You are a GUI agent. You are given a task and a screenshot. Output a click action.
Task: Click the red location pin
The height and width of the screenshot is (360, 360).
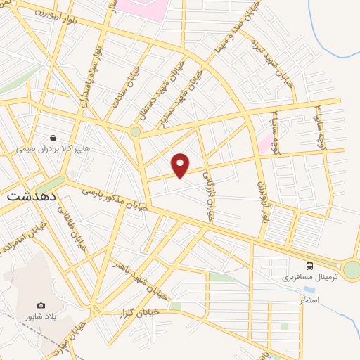(181, 165)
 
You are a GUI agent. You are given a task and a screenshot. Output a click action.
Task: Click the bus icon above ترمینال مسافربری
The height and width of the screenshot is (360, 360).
(310, 266)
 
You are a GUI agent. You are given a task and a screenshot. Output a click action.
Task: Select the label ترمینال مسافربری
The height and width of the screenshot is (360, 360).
(310, 278)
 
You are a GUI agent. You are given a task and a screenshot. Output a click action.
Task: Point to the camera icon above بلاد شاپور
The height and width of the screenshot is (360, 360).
(41, 305)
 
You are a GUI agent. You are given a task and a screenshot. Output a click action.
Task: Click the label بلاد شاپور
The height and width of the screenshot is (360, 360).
(41, 317)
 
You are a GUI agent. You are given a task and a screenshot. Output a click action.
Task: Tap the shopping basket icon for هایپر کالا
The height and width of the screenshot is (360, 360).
(53, 138)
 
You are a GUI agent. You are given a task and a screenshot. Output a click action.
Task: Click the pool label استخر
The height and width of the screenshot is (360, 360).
(309, 300)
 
